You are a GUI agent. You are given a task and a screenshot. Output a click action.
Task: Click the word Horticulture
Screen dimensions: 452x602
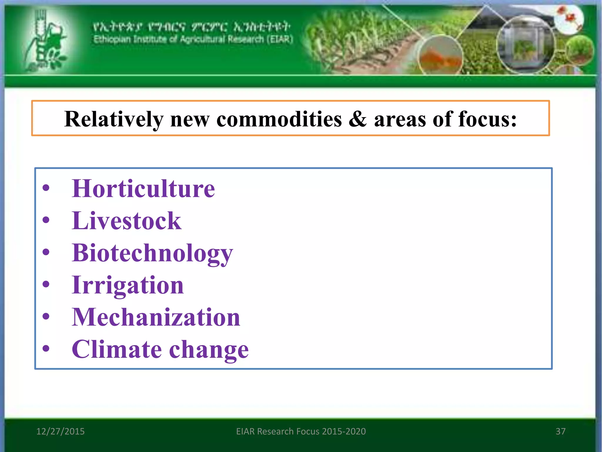143,189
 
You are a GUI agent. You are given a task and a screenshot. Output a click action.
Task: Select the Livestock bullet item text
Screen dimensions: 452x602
126,221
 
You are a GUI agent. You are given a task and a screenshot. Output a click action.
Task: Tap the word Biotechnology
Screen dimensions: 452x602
152,253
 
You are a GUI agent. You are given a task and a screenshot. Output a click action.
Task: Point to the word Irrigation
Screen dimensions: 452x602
128,285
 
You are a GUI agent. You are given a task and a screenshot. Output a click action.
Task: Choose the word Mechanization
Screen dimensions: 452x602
156,317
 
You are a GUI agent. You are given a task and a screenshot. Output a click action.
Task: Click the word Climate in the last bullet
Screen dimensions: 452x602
117,349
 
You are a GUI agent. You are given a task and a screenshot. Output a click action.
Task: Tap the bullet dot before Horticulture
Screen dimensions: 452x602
46,188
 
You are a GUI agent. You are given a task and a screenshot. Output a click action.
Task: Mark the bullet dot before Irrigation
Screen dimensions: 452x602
46,284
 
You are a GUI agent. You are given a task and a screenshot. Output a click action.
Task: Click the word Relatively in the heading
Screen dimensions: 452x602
114,119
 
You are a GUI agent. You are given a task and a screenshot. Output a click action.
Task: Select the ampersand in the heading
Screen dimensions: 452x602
357,119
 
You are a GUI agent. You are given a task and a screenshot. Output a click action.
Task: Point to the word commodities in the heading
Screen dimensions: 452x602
279,119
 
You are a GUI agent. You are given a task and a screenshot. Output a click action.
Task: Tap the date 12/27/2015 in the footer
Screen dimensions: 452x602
60,431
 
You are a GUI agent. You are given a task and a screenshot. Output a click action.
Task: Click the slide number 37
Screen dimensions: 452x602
560,431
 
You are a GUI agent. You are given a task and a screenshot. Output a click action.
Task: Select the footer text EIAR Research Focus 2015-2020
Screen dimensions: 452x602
301,431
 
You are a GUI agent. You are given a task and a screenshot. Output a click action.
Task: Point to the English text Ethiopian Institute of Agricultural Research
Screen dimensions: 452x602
193,39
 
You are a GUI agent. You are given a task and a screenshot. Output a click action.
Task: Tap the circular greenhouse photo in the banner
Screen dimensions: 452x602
525,44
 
